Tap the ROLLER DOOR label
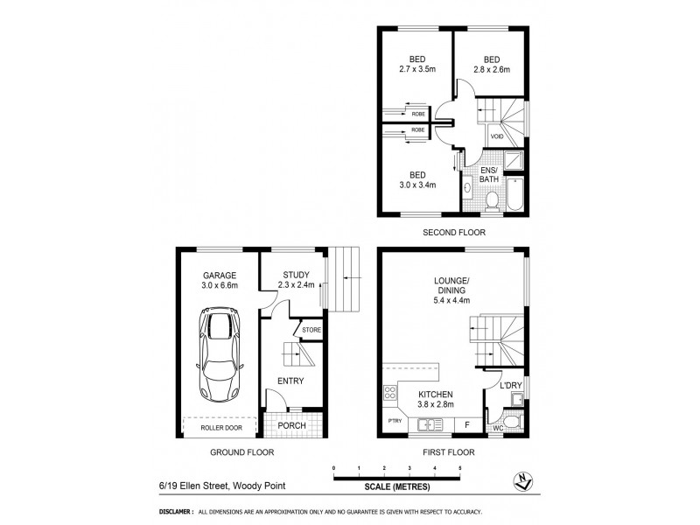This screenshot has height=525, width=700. [x=219, y=428]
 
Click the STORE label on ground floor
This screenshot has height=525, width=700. [x=312, y=330]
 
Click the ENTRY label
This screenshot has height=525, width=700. [x=290, y=381]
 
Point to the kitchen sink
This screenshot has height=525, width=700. [x=429, y=425]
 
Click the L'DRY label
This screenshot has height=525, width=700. [x=510, y=385]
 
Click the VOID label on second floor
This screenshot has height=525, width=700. [x=496, y=137]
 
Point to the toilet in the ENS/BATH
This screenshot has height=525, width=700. [x=492, y=200]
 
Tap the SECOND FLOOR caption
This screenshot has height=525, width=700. [x=454, y=234]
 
